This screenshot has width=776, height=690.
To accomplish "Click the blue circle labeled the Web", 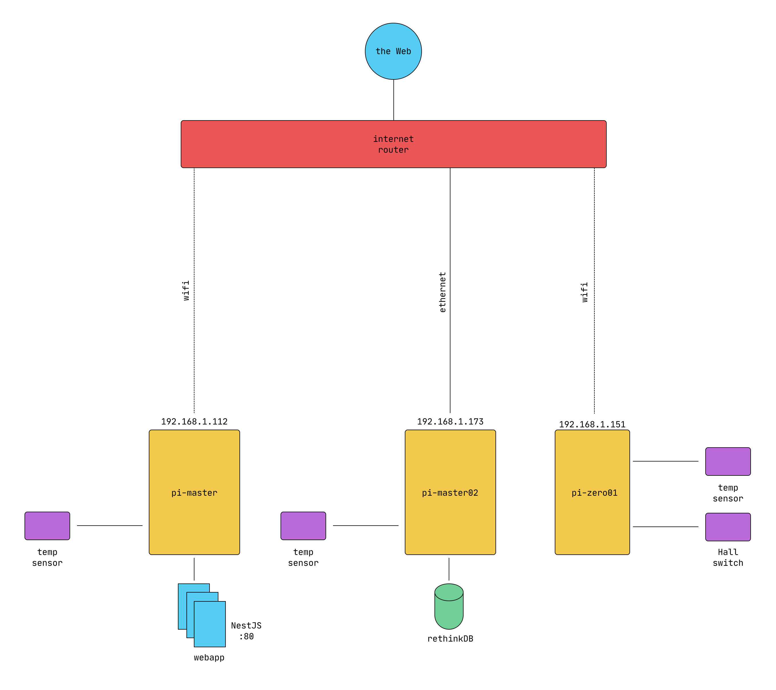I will tap(393, 51).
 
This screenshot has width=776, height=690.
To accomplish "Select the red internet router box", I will tap(393, 144).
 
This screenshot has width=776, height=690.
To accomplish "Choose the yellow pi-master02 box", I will tap(450, 492).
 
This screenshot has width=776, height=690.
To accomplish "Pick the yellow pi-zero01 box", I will tap(592, 492).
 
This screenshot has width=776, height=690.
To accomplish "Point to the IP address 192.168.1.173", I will tap(450, 421).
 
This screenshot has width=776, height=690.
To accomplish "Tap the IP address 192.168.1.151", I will tap(592, 424).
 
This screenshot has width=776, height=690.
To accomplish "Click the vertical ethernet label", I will tap(442, 292).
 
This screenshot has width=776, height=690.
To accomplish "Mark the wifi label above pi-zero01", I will tap(585, 292).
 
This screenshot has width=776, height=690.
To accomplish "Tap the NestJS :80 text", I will tap(246, 631).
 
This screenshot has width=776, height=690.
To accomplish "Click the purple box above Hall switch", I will tap(728, 527).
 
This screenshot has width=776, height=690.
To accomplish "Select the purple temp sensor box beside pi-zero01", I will tap(728, 461).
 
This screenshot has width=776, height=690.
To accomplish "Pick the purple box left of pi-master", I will tap(47, 526).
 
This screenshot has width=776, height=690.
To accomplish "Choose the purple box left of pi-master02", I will tap(303, 526).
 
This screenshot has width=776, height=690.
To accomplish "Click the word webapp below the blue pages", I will tap(209, 657).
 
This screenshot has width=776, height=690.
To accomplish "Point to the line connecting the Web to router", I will tap(393, 100).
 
